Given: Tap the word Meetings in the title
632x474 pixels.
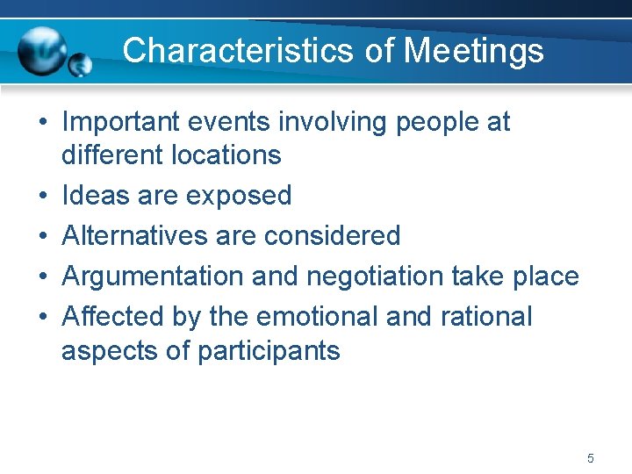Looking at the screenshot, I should click(473, 50).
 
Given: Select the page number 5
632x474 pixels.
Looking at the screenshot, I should click(591, 458).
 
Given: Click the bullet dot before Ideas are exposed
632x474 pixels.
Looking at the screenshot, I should click(41, 196).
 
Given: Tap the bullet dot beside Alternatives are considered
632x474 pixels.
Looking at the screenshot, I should click(41, 236).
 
